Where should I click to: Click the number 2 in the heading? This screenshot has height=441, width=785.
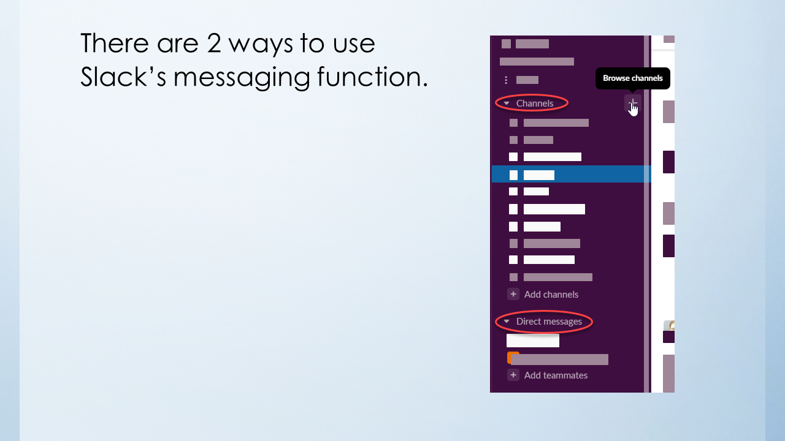(214, 43)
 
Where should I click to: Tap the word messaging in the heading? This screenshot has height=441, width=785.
(242, 78)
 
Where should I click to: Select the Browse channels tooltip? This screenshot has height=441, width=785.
(632, 78)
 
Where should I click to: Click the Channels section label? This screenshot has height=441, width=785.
(534, 104)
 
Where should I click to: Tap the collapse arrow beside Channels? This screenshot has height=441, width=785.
(507, 104)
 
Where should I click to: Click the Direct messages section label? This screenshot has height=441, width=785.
(549, 322)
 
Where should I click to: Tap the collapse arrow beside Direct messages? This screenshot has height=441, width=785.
(507, 322)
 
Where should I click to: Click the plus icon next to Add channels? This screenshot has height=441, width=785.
(513, 294)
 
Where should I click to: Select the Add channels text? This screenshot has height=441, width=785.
(551, 295)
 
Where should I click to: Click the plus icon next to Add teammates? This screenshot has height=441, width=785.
(513, 375)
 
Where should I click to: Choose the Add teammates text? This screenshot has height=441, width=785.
(556, 375)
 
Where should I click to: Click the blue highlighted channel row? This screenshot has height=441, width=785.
(571, 175)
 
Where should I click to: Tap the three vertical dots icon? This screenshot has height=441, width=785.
(506, 80)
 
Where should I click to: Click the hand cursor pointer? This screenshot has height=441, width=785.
(634, 109)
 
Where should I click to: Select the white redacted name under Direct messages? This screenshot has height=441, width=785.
(533, 340)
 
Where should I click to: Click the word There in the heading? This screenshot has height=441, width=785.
(115, 43)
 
